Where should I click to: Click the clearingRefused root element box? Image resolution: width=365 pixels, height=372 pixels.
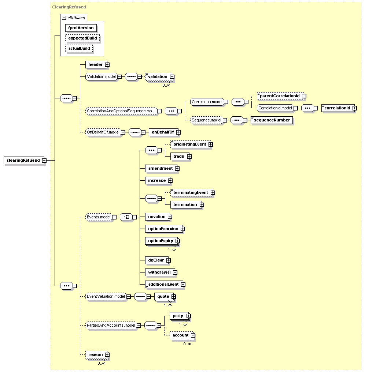(25, 160)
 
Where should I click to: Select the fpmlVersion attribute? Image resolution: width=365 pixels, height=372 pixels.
(81, 28)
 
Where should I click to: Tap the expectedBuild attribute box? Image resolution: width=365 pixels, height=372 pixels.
(82, 38)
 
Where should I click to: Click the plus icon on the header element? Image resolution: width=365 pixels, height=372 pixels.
(107, 64)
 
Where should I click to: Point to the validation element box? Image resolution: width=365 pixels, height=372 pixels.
(159, 76)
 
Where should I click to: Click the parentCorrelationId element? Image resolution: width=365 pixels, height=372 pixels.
(281, 96)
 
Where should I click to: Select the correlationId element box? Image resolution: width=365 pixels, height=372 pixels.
(339, 108)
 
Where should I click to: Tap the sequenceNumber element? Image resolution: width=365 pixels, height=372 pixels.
(272, 120)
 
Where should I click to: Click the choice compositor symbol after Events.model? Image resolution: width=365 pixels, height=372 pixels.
(126, 217)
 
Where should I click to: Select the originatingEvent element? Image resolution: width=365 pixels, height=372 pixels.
(192, 144)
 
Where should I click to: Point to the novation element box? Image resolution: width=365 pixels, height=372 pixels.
(159, 217)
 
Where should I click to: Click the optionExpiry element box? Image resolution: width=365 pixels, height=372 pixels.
(162, 241)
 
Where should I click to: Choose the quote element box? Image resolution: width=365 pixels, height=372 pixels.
(165, 297)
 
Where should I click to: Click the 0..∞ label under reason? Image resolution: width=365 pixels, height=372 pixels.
(102, 363)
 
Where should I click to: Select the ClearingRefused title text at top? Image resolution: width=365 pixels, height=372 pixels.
(69, 7)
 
